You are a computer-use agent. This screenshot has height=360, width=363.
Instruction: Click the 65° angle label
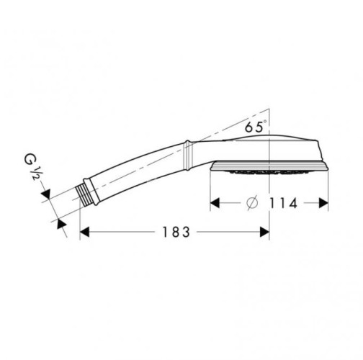[256, 126]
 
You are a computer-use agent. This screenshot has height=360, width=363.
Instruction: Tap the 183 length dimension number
[176, 232]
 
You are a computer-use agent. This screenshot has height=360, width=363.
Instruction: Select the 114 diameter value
[284, 203]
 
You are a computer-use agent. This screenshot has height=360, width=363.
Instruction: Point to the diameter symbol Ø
[252, 203]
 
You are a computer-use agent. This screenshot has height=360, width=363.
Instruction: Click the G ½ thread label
[32, 166]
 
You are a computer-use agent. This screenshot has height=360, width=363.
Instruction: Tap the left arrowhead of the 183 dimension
[84, 232]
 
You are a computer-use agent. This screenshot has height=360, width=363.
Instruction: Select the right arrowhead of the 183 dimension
[264, 232]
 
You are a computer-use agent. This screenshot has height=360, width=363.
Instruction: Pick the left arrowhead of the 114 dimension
[215, 203]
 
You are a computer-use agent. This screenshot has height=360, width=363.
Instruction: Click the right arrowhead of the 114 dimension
[323, 203]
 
